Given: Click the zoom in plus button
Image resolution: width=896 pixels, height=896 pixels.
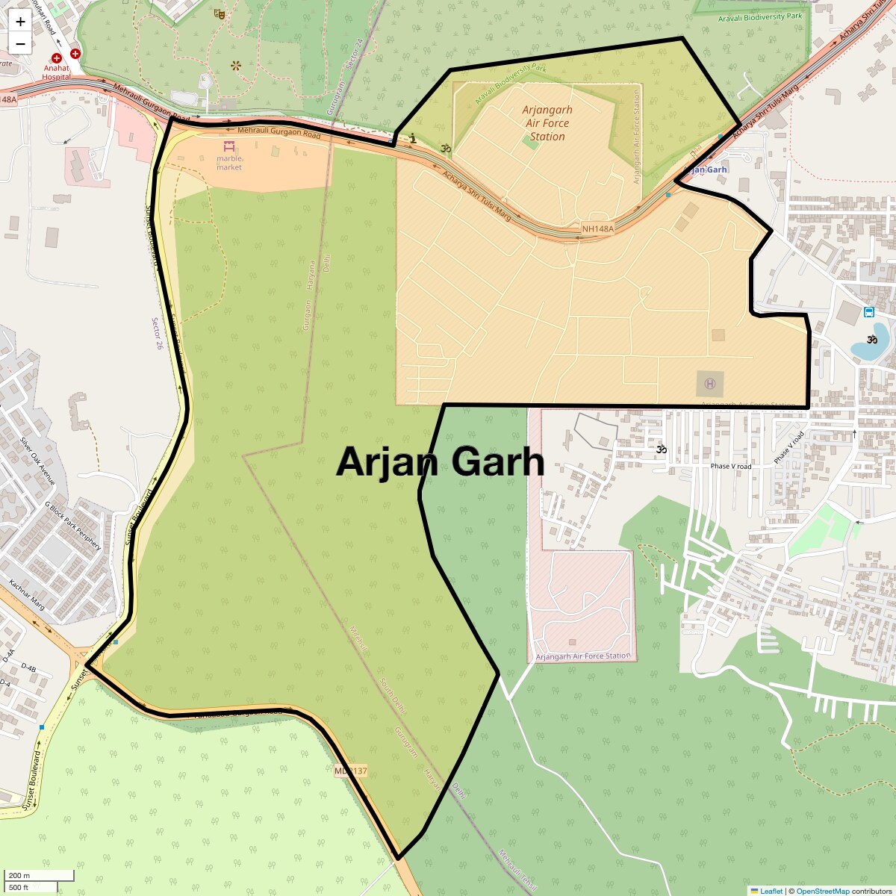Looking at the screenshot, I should click(20, 22).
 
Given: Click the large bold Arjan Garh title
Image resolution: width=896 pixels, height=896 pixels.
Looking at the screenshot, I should click(441, 461).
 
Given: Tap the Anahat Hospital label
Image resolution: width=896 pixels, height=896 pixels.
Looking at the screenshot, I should click(57, 72).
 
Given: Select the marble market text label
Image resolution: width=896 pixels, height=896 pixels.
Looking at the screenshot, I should click(229, 163).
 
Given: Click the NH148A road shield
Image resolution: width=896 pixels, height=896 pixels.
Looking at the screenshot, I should click(597, 229).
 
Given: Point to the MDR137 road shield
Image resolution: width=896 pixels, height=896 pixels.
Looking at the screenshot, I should click(350, 771).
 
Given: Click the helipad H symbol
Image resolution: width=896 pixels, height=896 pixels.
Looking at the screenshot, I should click(709, 384).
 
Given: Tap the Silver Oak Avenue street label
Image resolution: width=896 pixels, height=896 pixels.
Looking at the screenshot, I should click(38, 461).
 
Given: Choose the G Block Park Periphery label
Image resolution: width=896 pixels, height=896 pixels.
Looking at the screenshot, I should click(72, 526).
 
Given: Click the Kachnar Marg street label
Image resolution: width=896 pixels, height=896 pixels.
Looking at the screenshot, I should click(27, 595).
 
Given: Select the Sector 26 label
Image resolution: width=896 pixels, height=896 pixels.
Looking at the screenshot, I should click(157, 334).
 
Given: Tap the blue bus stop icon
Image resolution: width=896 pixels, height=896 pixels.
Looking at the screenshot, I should click(868, 312).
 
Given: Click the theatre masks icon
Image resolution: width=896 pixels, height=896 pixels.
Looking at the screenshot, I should click(219, 13).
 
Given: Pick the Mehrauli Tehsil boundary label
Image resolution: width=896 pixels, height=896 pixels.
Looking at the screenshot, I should click(517, 871).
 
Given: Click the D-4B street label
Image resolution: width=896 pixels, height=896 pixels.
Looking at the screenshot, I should click(28, 668).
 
